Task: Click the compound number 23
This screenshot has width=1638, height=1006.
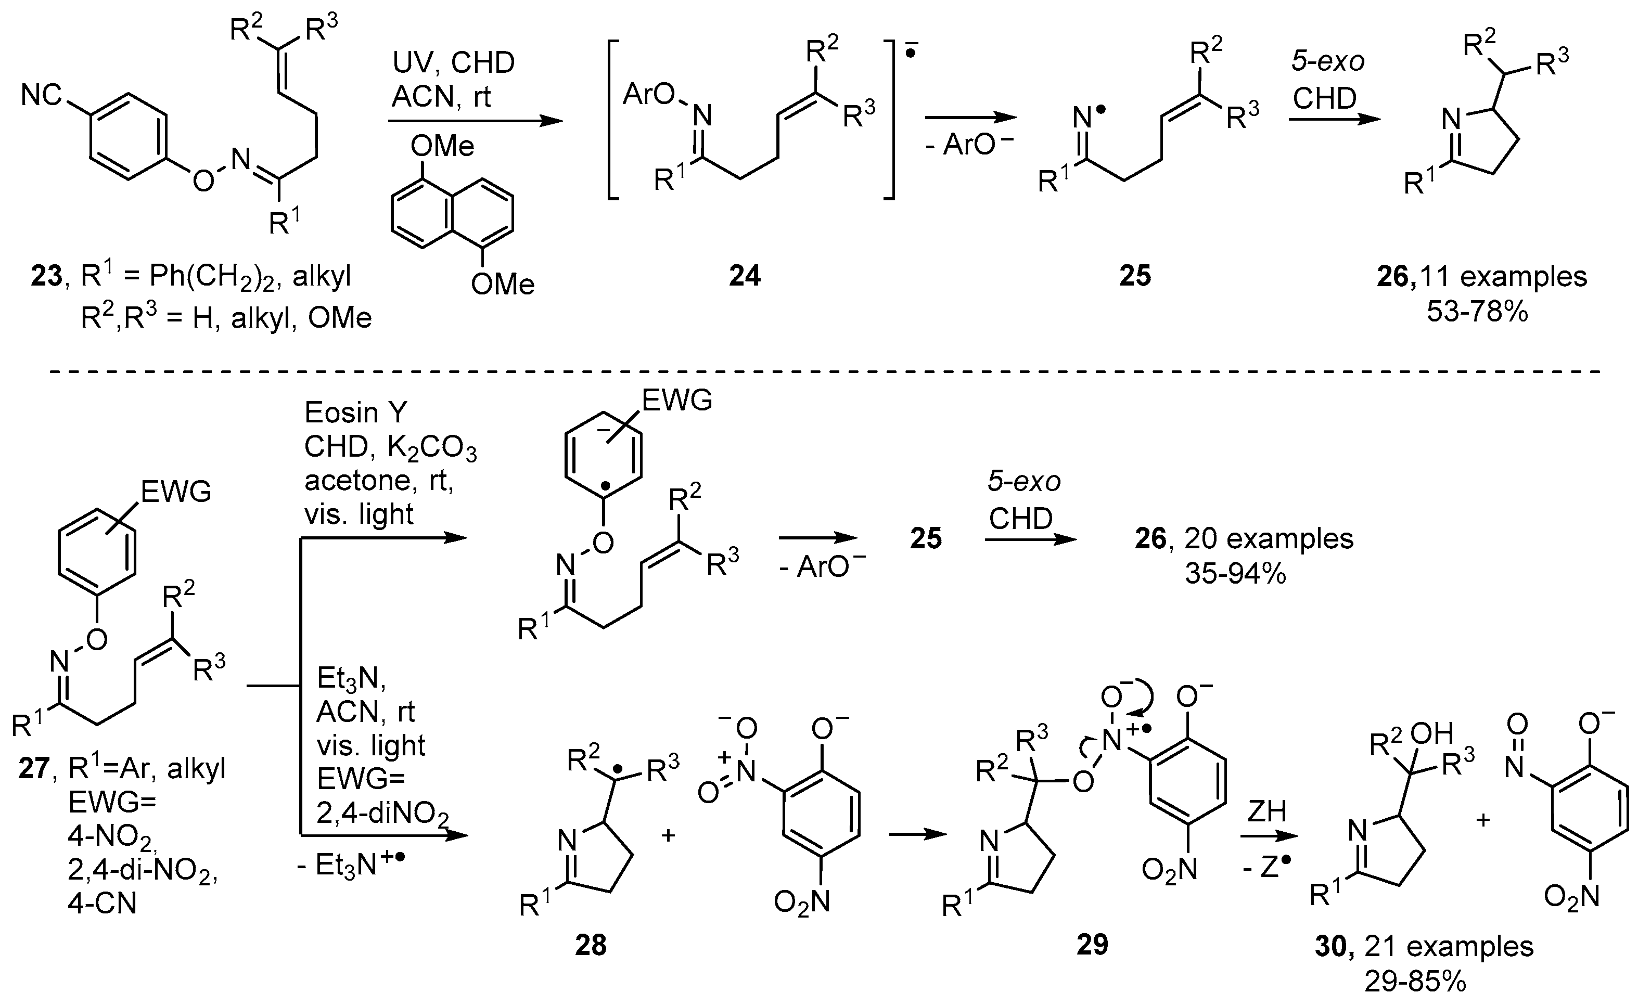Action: point(46,276)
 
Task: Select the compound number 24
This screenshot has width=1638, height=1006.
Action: point(744,276)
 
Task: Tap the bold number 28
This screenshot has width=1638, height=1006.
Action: point(591,945)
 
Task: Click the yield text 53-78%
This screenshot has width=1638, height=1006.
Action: point(1477,311)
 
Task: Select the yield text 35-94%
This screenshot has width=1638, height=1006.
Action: point(1235,574)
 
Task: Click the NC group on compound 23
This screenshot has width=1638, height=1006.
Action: point(41,95)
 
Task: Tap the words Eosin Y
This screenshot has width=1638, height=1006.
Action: point(355,413)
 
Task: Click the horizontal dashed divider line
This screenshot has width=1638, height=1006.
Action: point(818,370)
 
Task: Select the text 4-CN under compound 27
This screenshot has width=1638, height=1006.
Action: point(101,904)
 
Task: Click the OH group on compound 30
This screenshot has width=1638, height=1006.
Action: point(1435,733)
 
